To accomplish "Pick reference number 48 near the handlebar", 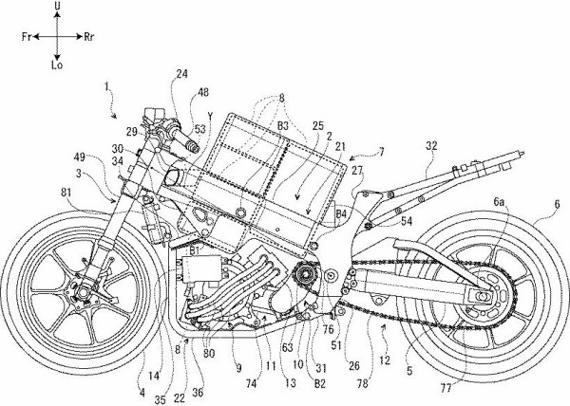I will pyautogui.click(x=202, y=93).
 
